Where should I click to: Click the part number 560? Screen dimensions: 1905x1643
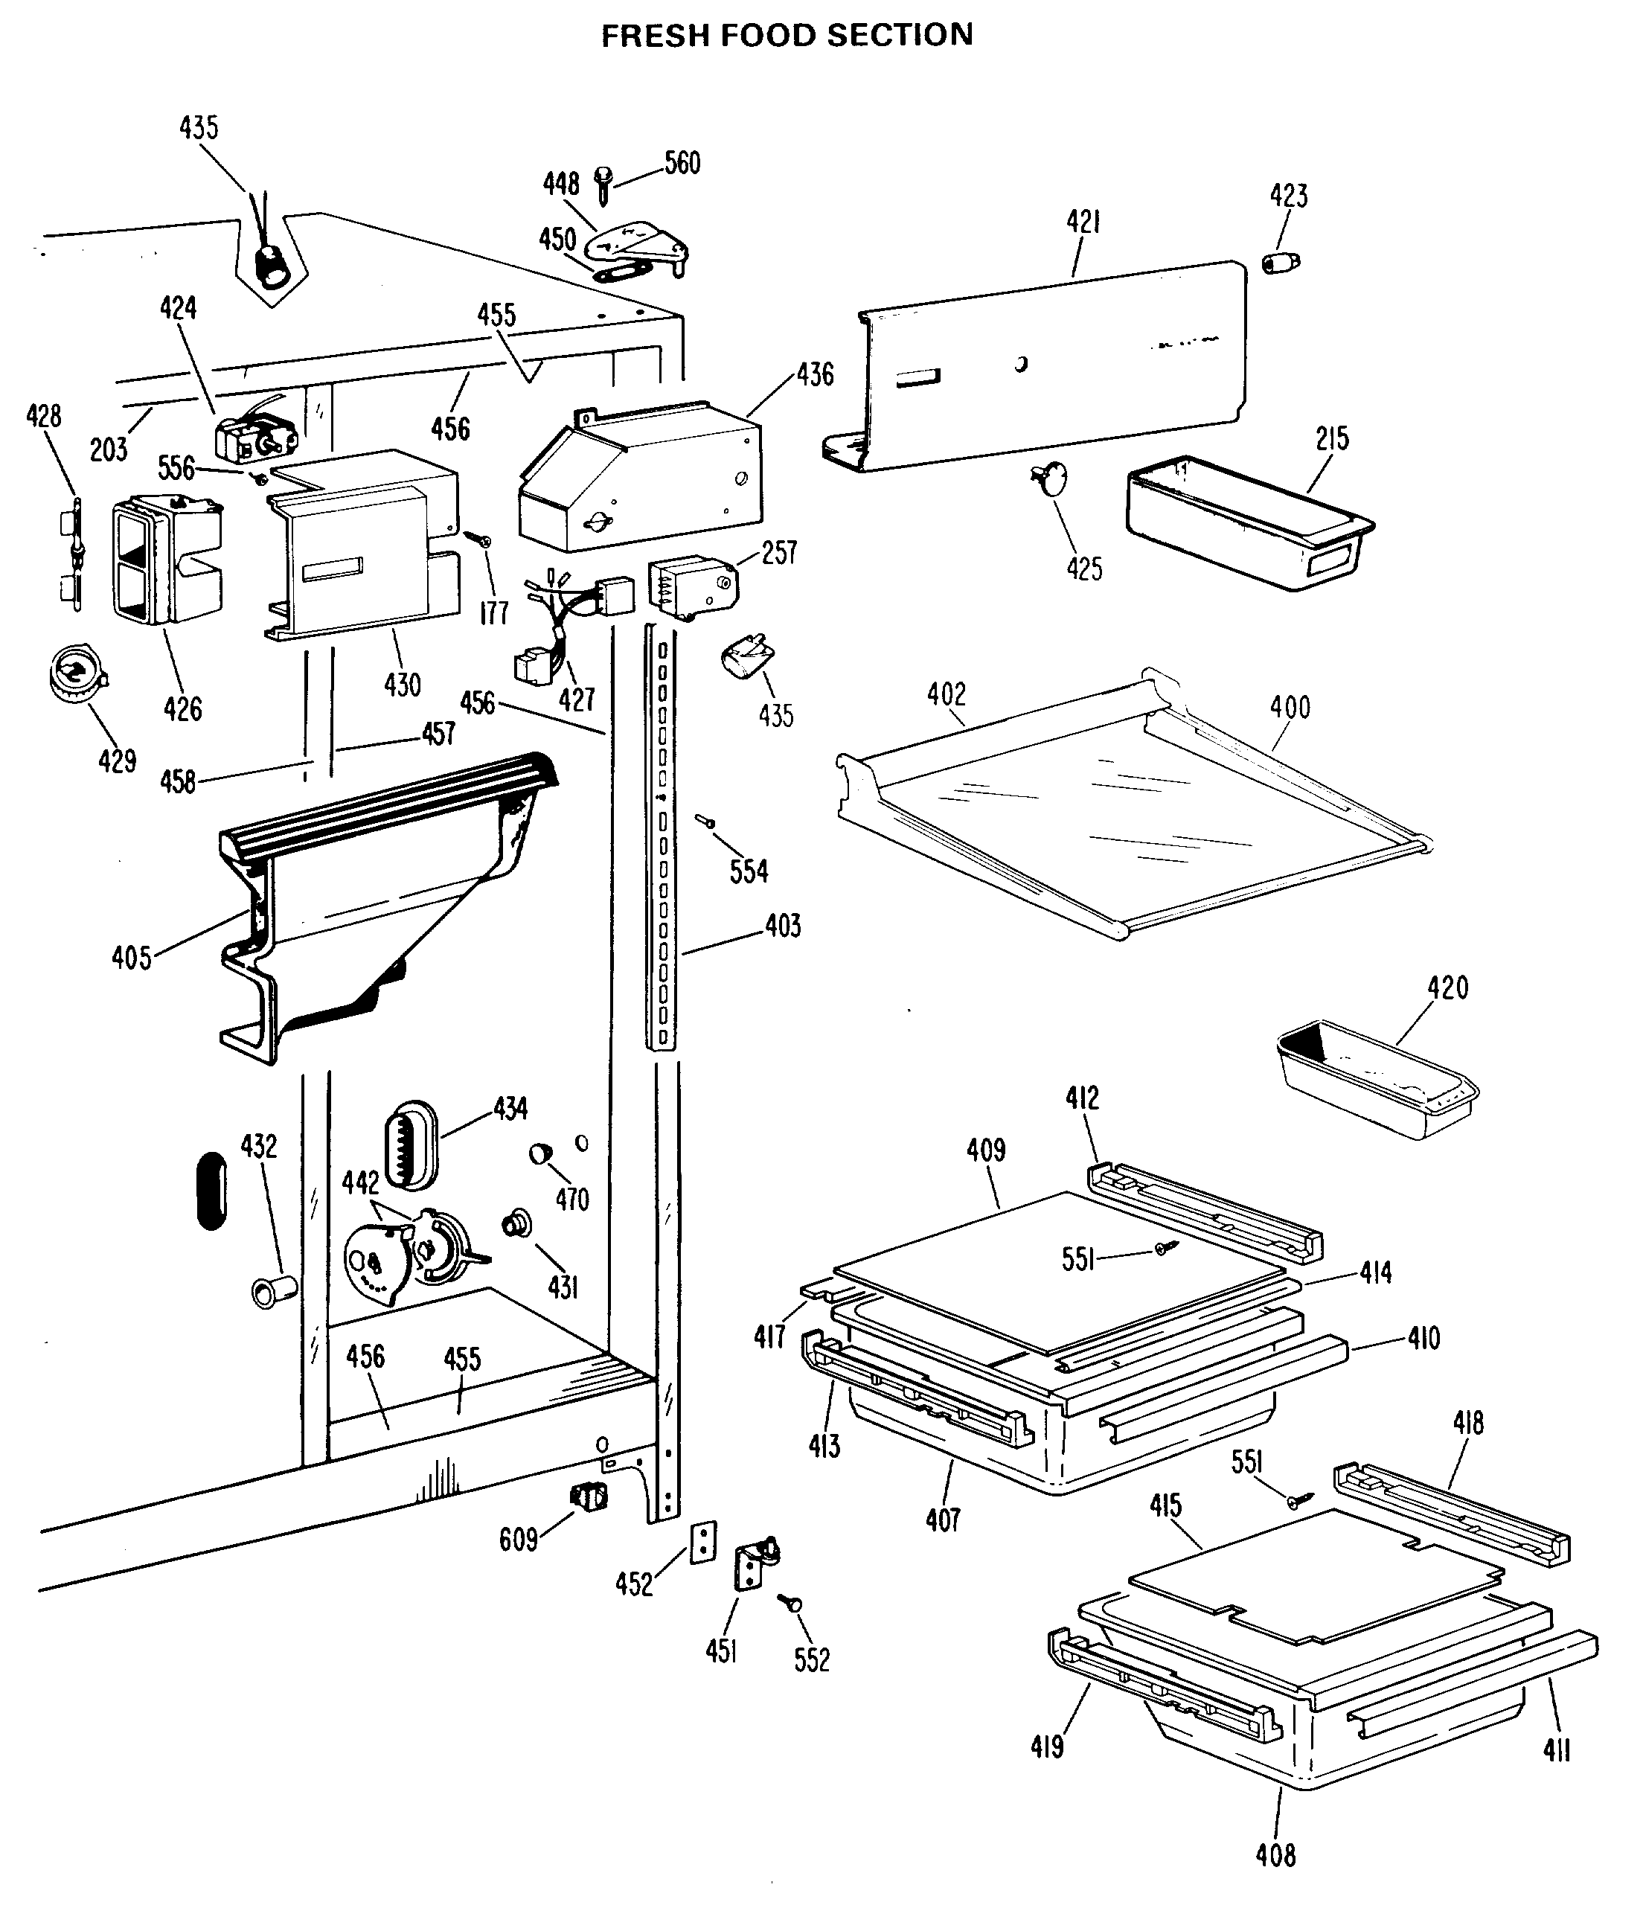click(x=682, y=164)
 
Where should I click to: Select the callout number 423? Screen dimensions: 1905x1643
click(x=1289, y=196)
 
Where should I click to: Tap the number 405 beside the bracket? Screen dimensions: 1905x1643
click(x=132, y=958)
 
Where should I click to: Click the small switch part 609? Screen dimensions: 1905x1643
click(x=589, y=1498)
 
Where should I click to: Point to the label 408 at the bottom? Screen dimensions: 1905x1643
click(x=1276, y=1854)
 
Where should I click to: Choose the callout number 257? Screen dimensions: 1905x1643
click(x=780, y=553)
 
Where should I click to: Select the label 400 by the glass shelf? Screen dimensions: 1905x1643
click(x=1290, y=707)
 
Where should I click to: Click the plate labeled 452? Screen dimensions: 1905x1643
click(x=703, y=1542)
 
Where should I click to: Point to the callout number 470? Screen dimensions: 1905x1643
click(x=572, y=1199)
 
